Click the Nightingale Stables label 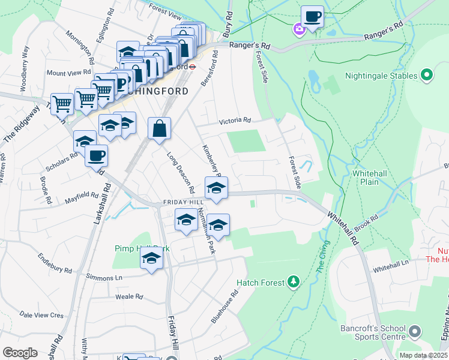(x=381, y=76)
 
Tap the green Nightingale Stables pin (x=427, y=76)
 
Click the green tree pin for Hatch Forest (x=294, y=281)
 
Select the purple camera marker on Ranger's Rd (x=298, y=28)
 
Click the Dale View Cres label (x=41, y=314)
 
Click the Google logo (x=20, y=353)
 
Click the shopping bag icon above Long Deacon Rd (x=159, y=128)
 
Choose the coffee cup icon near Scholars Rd (x=96, y=156)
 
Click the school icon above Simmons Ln (x=152, y=259)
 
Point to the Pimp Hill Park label (x=142, y=248)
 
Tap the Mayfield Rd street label (x=82, y=196)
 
